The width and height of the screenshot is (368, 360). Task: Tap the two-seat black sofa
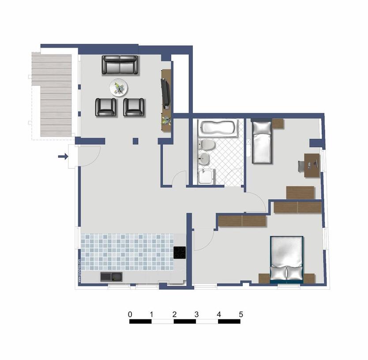coord(120,65)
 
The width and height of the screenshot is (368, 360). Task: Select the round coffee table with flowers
coord(119,87)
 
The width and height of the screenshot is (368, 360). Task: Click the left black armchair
coord(106,107)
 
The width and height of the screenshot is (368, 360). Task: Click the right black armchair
coord(134,107)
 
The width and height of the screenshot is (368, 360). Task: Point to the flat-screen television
coord(166,93)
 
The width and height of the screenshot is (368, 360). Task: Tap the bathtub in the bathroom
coord(218,129)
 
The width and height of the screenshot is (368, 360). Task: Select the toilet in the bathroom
coord(207,145)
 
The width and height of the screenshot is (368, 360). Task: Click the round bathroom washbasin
coord(205,159)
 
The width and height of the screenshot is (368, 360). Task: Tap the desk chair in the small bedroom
coord(301,166)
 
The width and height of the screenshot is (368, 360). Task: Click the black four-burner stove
coord(180,253)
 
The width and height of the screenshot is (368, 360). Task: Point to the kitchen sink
coord(112,277)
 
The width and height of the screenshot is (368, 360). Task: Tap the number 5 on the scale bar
coord(240,315)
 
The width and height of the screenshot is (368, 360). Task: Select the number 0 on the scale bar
coord(130,315)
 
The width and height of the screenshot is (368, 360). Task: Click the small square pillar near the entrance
coord(135,141)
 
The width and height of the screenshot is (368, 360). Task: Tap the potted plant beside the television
coord(166,121)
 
